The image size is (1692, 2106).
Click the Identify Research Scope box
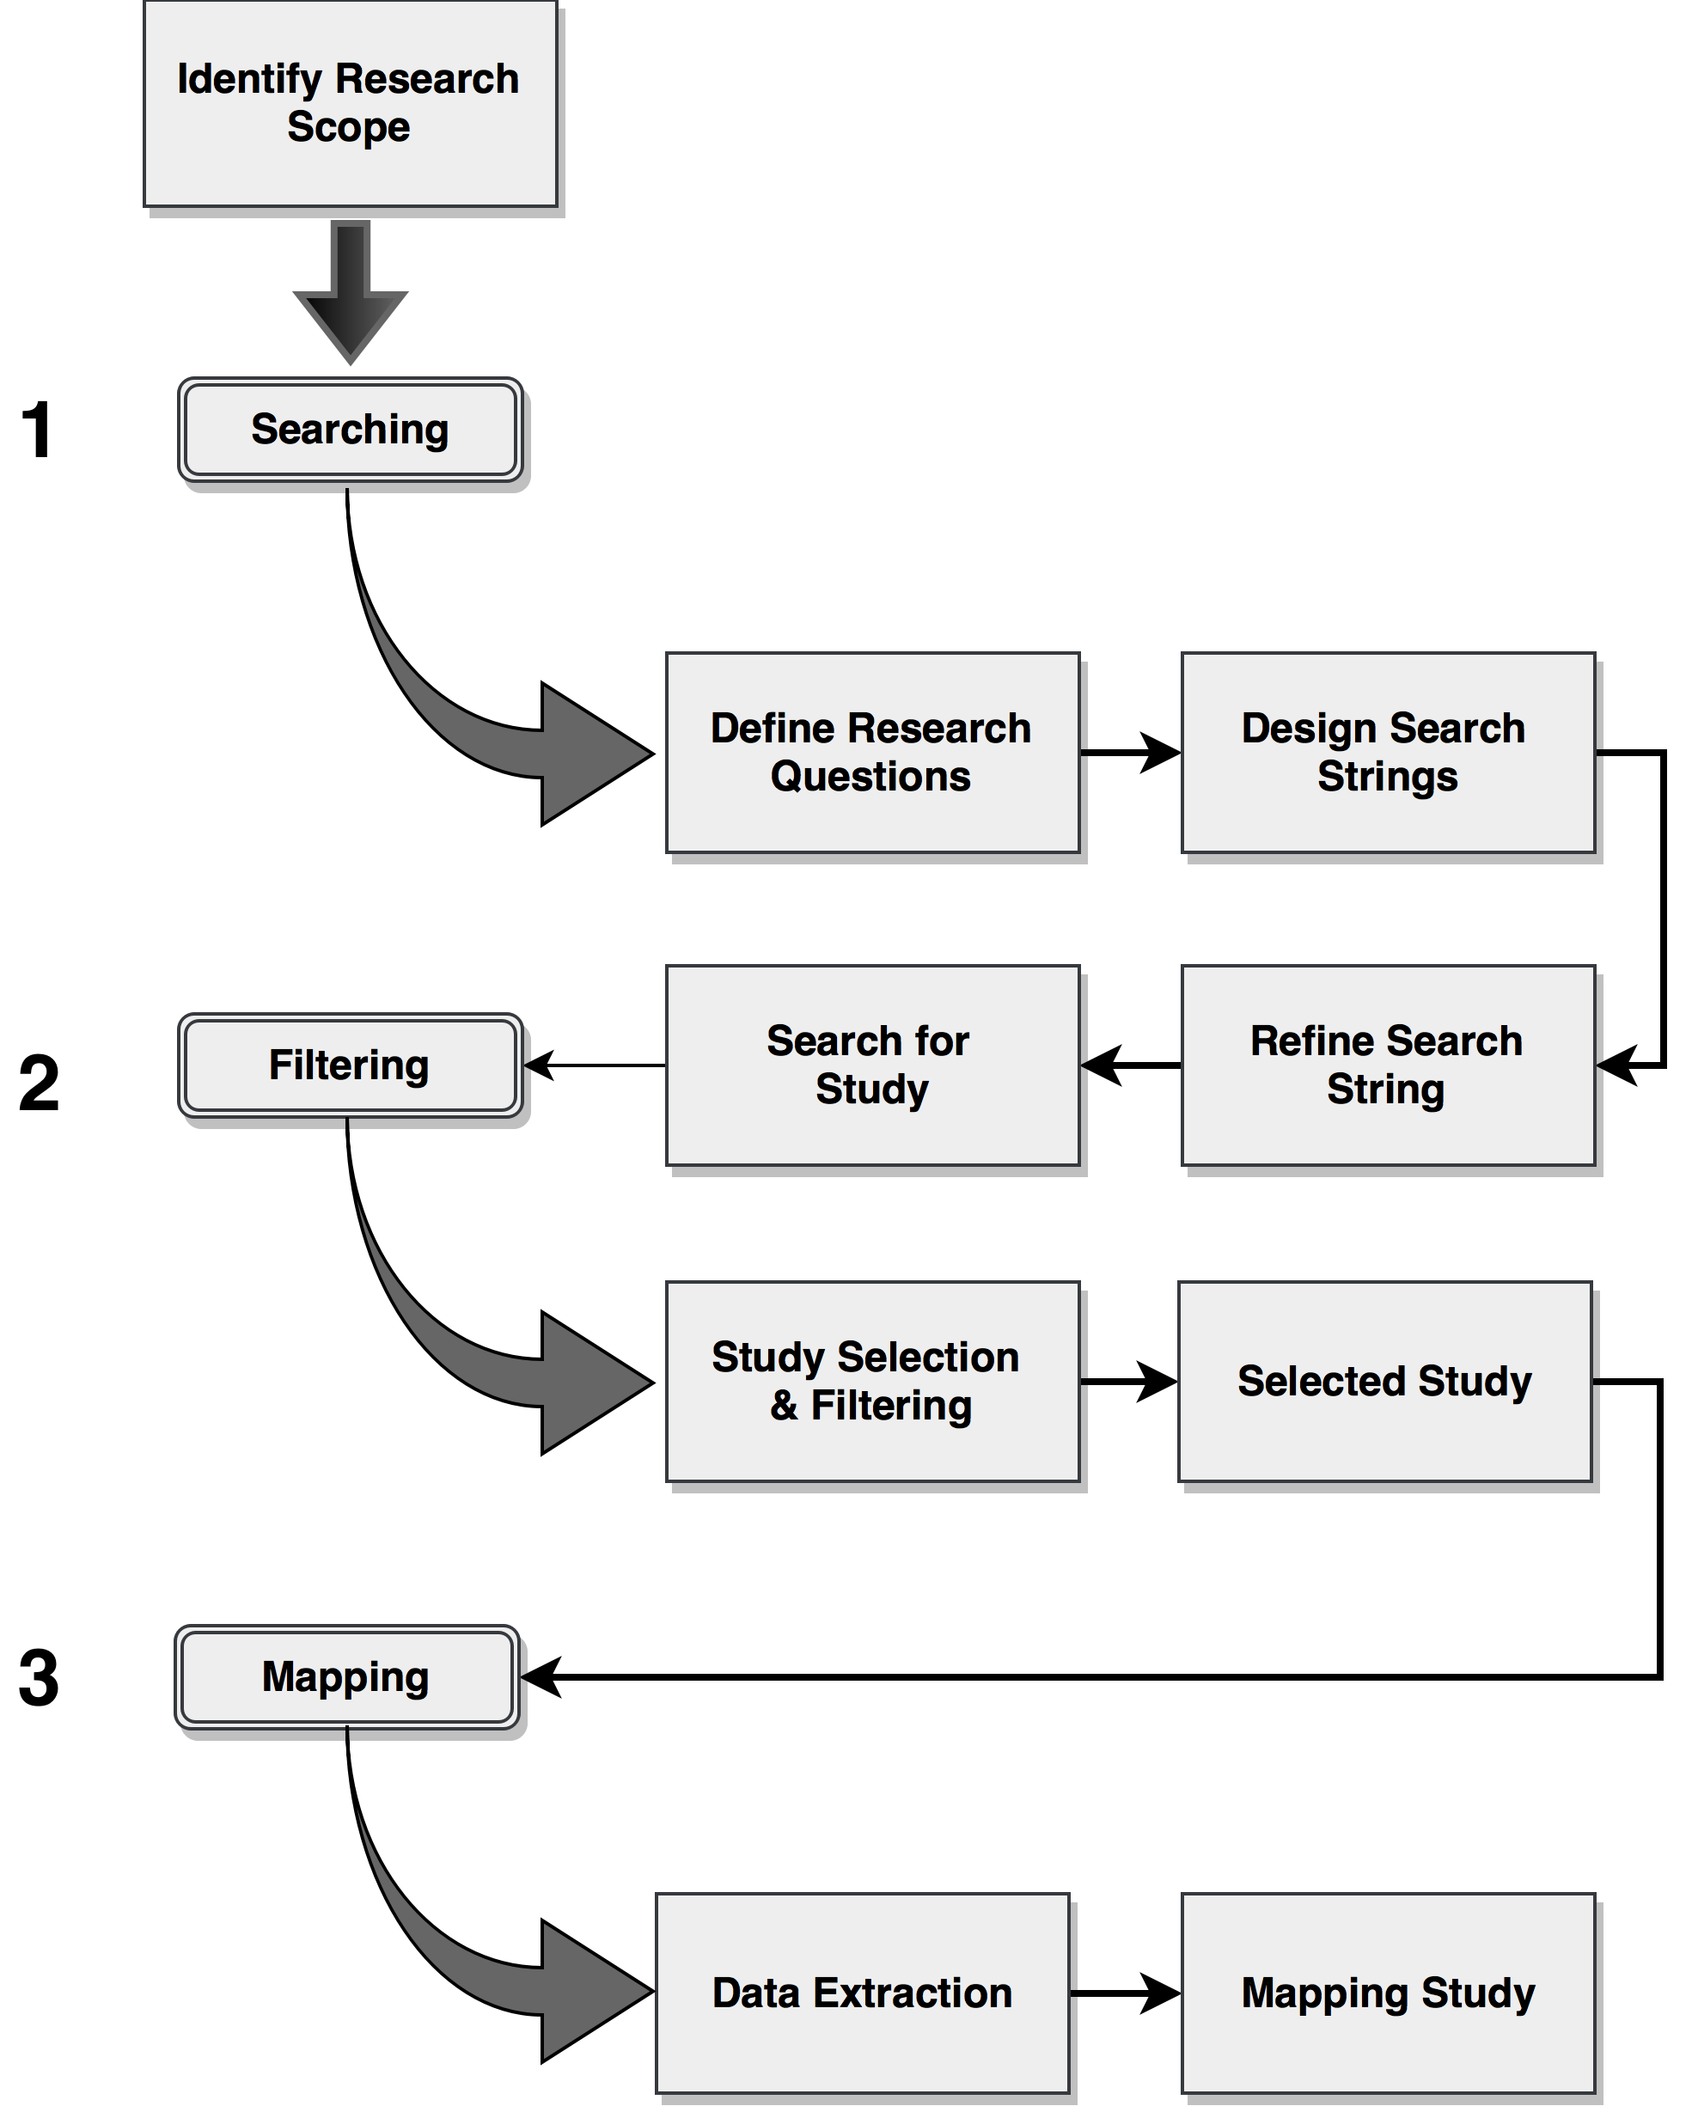click(350, 104)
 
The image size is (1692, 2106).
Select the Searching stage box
click(350, 430)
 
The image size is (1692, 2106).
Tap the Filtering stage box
click(350, 1065)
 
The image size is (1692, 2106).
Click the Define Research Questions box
click(872, 753)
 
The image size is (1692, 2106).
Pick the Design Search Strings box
click(1388, 753)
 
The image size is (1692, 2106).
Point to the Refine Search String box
click(1388, 1065)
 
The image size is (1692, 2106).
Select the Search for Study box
click(872, 1065)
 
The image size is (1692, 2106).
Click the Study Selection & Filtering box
click(872, 1381)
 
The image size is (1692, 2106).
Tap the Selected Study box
click(1385, 1381)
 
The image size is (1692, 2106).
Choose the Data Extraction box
click(863, 1993)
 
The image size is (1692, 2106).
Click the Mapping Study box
click(1388, 1993)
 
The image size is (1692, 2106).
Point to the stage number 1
click(37, 430)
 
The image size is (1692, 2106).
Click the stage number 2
click(39, 1084)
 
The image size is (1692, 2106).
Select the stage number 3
click(39, 1678)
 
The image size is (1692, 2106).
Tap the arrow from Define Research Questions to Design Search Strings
click(1130, 753)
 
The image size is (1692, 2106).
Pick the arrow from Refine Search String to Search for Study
click(1131, 1065)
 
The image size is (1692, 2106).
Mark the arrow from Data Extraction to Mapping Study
click(1126, 1993)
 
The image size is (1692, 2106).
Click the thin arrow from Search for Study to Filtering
click(594, 1065)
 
